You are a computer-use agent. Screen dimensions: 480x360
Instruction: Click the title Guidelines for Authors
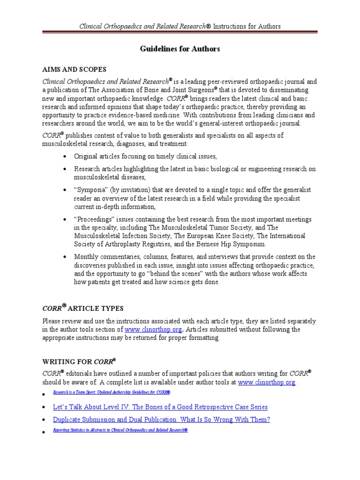[x=180, y=49]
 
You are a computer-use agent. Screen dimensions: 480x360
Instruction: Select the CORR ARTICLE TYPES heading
[x=83, y=308]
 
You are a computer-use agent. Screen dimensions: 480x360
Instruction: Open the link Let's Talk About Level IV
[x=160, y=407]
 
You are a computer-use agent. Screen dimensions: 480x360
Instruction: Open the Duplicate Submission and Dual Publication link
[x=161, y=420]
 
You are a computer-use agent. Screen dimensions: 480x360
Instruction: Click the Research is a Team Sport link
[x=111, y=391]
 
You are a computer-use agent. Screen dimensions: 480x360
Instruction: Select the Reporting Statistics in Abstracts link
[x=120, y=430]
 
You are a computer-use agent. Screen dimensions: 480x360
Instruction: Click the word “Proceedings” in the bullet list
[x=93, y=219]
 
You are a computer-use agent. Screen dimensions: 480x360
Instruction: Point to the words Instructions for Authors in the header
[x=247, y=26]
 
